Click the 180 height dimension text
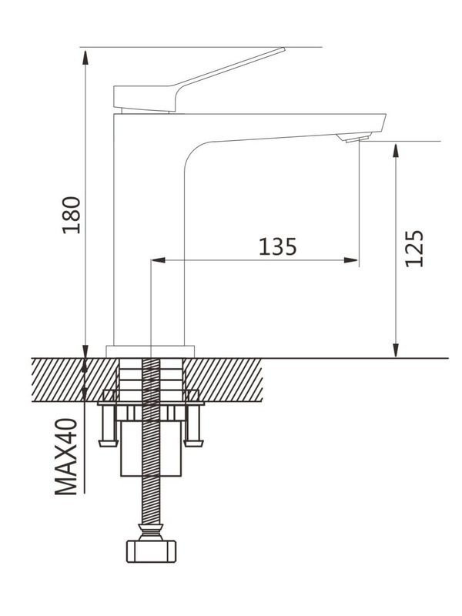(x=72, y=216)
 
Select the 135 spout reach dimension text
(x=277, y=246)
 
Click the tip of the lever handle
(x=281, y=51)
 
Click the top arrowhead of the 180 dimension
(x=86, y=53)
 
